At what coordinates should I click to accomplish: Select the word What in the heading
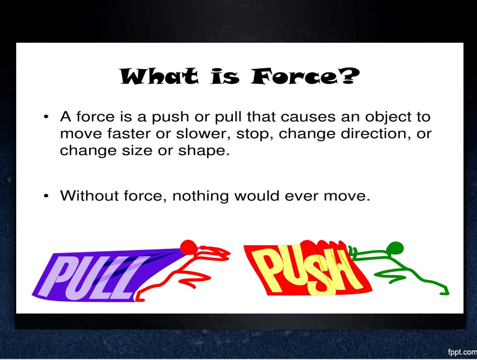[x=159, y=76]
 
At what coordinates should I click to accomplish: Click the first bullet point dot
[x=46, y=117]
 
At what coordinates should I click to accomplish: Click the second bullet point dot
[x=46, y=196]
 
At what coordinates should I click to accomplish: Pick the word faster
[x=129, y=134]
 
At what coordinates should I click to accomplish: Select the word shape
[x=204, y=151]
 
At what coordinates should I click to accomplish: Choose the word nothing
[x=200, y=196]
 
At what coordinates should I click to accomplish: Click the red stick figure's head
[x=189, y=247]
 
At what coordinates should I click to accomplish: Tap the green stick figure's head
[x=395, y=248]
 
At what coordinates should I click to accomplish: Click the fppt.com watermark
[x=462, y=352]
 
